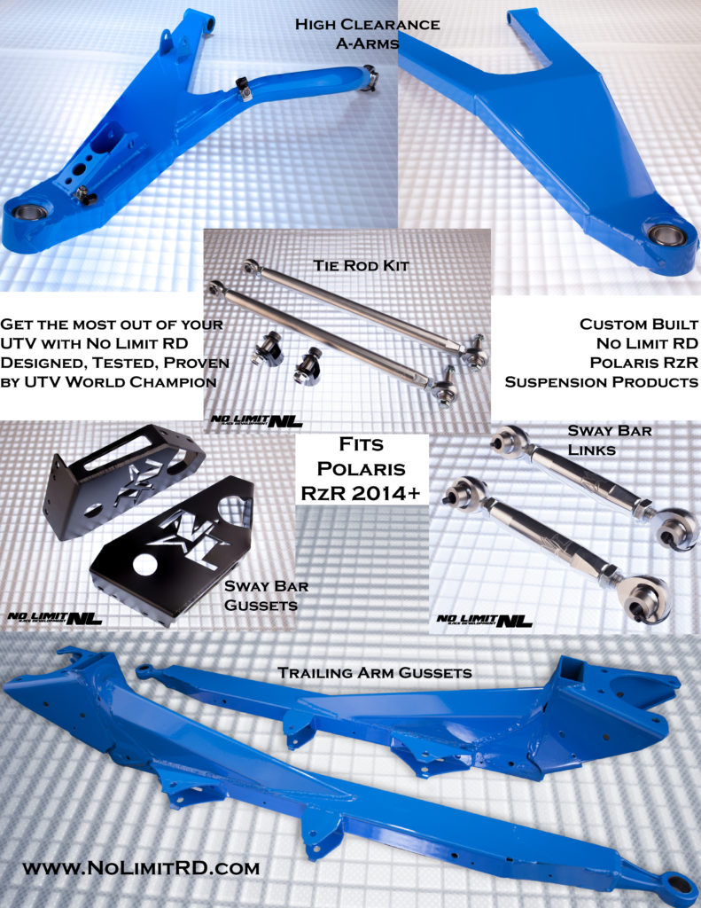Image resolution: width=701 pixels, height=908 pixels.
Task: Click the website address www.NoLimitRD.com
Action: [x=141, y=868]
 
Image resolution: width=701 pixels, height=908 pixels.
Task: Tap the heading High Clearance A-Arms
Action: [x=368, y=33]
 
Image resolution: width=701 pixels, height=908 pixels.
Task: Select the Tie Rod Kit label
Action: [x=362, y=266]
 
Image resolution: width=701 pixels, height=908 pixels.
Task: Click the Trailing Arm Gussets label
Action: [x=375, y=672]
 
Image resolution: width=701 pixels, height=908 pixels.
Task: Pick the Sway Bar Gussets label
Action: [x=266, y=595]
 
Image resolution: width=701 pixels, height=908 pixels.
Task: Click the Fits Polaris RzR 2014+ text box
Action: [x=362, y=468]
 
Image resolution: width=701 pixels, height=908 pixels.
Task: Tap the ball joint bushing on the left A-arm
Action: [x=30, y=212]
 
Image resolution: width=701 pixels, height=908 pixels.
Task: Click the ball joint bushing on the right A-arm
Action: [x=666, y=235]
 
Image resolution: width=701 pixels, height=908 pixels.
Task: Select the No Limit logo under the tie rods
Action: [x=256, y=420]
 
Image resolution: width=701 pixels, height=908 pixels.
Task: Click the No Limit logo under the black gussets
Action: [x=55, y=618]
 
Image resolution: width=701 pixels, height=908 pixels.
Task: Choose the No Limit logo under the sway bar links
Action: [x=484, y=620]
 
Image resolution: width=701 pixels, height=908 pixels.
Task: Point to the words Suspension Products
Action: [x=602, y=382]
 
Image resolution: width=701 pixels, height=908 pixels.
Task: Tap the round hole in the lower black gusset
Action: [x=145, y=565]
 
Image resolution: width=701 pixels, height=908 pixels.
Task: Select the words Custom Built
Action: [x=639, y=325]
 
